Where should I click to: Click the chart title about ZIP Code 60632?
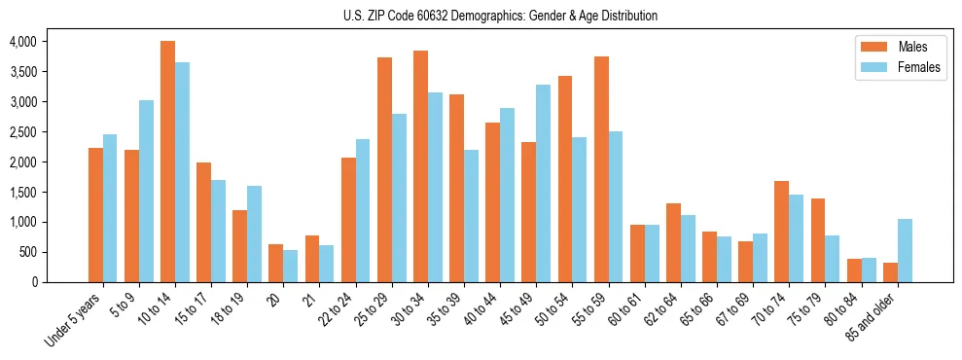click(500, 16)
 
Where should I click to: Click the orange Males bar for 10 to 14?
click(168, 162)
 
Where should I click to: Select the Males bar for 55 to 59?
click(601, 169)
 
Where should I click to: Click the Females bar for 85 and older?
click(905, 250)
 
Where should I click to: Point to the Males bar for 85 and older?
click(890, 272)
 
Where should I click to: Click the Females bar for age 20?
click(290, 266)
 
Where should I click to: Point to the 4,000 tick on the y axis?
click(23, 42)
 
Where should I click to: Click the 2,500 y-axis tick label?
click(23, 132)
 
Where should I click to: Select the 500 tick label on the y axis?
click(29, 252)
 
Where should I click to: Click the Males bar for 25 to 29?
click(384, 169)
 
